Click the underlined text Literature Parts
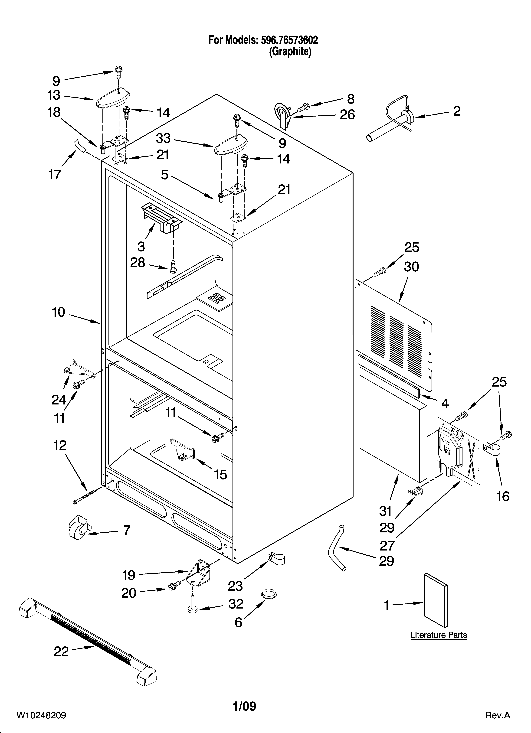[439, 635]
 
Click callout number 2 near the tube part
[456, 111]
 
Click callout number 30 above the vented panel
[411, 267]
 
